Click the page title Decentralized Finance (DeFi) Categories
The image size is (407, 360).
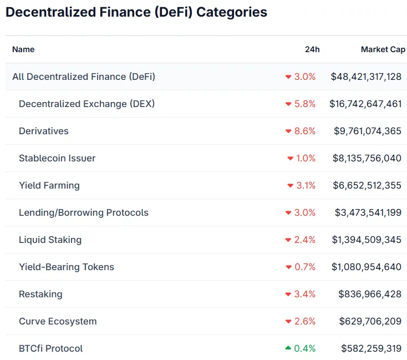point(136,12)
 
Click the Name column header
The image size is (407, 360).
point(23,49)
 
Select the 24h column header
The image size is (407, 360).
point(312,49)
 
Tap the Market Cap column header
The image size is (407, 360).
point(383,49)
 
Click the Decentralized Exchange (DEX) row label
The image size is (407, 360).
point(87,104)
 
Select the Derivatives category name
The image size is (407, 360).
point(44,131)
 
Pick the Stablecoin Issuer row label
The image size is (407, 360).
point(57,158)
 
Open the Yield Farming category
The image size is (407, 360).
point(49,185)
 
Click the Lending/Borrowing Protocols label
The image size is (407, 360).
point(84,212)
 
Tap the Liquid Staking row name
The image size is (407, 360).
point(50,240)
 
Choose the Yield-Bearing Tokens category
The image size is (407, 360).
point(67,267)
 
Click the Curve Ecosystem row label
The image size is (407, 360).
point(58,321)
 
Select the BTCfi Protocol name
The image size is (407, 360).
point(50,348)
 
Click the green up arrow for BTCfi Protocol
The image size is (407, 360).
point(288,348)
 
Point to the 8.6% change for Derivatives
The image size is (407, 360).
point(304,131)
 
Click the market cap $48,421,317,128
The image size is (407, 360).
point(366,77)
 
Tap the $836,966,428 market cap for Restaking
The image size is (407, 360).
point(370,294)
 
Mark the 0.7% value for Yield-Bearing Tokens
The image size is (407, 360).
point(304,267)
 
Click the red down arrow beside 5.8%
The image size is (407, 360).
point(288,104)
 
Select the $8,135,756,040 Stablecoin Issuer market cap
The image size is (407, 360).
point(367,158)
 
